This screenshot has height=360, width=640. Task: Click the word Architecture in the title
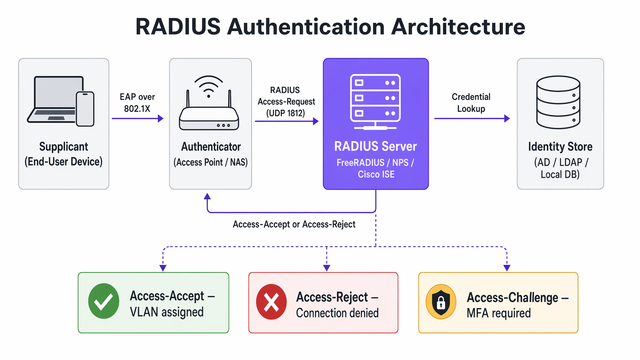[x=458, y=27]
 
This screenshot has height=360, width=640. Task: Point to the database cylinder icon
[x=558, y=102]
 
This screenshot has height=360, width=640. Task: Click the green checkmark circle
[x=104, y=301]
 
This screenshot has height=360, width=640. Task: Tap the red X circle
[x=271, y=302]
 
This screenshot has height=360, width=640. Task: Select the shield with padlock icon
[x=441, y=302]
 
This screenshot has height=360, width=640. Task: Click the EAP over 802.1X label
[x=137, y=103]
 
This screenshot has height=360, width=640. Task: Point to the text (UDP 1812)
[x=286, y=113]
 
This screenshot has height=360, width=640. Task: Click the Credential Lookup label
[x=471, y=103]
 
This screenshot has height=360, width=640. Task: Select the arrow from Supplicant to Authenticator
[x=137, y=119]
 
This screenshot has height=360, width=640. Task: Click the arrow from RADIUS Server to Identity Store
[x=472, y=119]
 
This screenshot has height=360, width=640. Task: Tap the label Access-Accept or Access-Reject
[x=294, y=225]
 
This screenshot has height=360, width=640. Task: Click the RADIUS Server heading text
[x=375, y=147]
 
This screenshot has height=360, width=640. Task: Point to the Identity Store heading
[x=560, y=147]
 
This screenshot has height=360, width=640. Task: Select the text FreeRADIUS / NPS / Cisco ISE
[x=375, y=168]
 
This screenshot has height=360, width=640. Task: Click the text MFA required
[x=498, y=313]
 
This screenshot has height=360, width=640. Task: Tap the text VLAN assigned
[x=167, y=312]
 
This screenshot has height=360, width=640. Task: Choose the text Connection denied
[x=337, y=313]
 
